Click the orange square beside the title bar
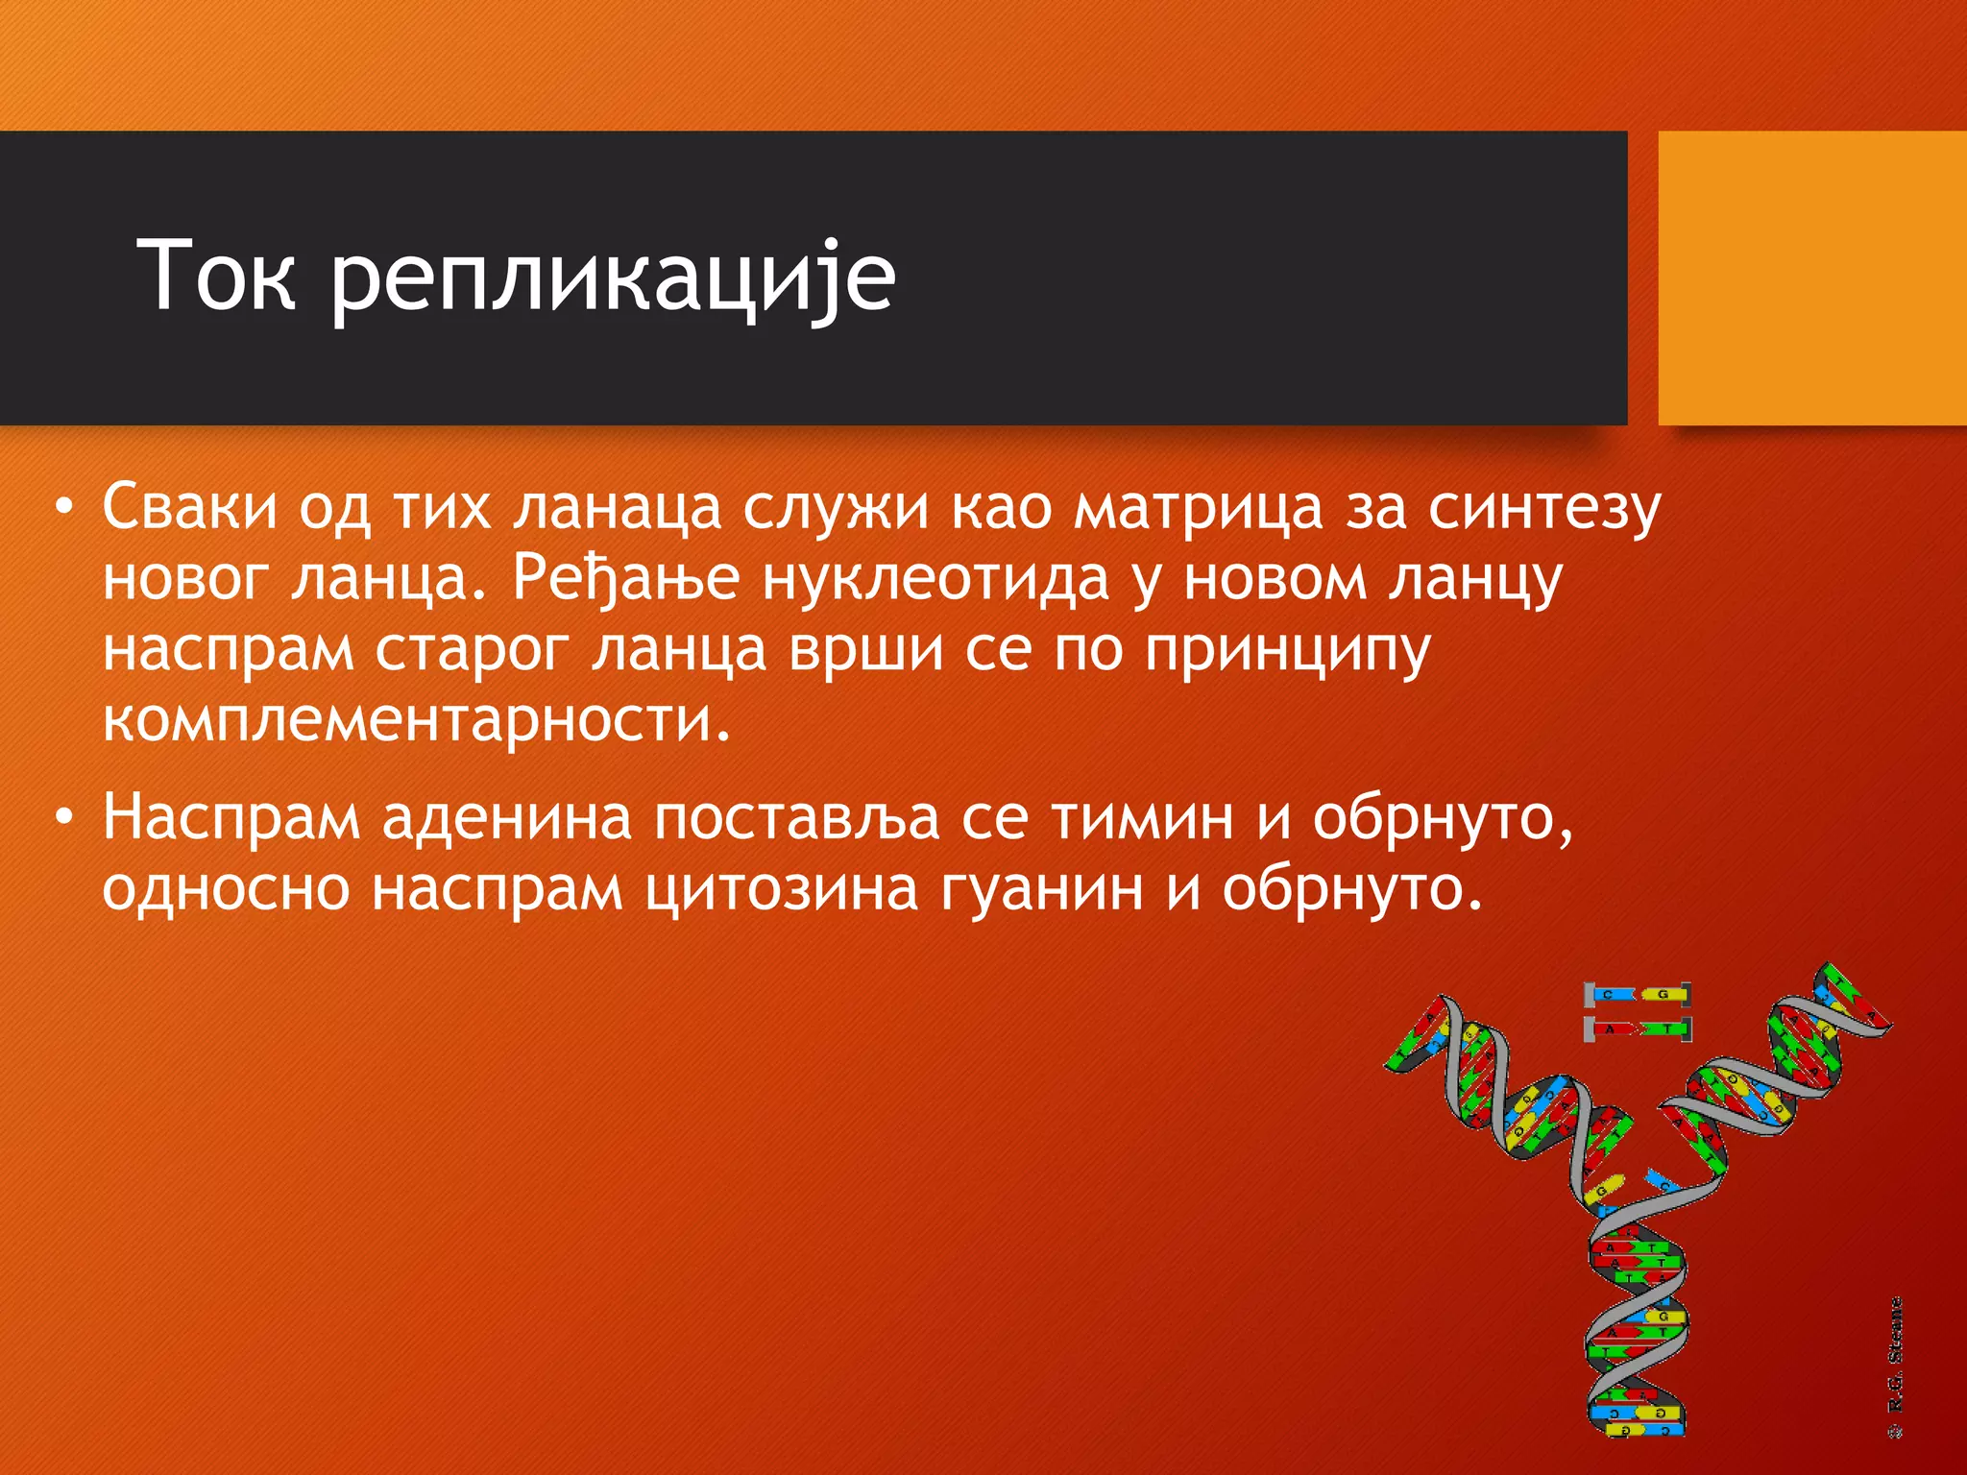[x=1811, y=278]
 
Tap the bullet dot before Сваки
[x=63, y=507]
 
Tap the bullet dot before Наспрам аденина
[x=63, y=818]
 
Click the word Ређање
[x=625, y=581]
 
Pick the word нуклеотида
[x=935, y=579]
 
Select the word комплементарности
[x=416, y=722]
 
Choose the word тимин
[x=1142, y=818]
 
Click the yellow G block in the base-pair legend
[x=1663, y=995]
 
